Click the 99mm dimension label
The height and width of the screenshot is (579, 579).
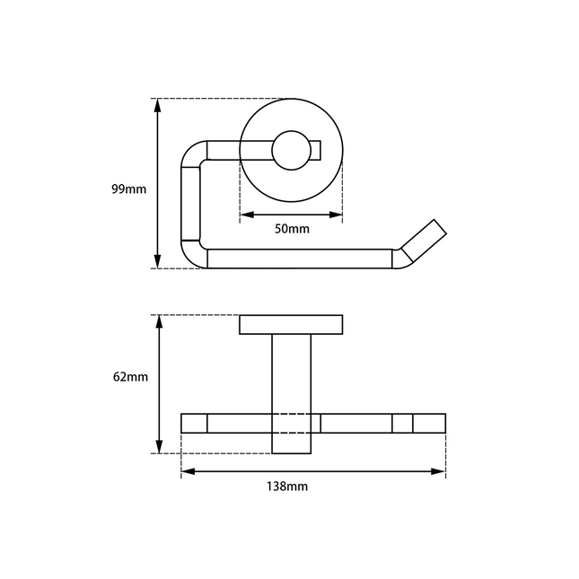tap(129, 189)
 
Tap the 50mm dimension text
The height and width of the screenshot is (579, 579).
tap(292, 229)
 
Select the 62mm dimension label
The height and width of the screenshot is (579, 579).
tap(130, 377)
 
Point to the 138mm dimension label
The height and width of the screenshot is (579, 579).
tap(287, 487)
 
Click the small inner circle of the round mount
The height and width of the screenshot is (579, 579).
tap(292, 150)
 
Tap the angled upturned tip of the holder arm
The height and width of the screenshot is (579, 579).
tap(425, 241)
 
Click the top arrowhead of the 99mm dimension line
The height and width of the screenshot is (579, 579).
tap(158, 106)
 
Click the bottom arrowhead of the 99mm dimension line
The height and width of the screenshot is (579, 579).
tap(158, 261)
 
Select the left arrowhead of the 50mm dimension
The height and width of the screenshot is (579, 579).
tap(247, 215)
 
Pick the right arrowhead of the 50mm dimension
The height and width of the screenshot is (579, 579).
tap(336, 215)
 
